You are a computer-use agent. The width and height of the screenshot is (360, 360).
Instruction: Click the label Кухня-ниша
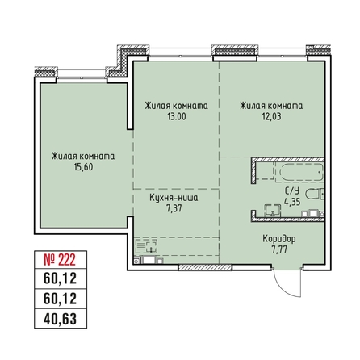(x=174, y=196)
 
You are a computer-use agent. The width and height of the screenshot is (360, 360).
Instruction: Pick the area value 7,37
(x=174, y=207)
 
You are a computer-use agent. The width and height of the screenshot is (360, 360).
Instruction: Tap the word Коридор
(x=278, y=239)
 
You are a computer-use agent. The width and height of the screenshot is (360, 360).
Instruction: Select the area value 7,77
(x=278, y=250)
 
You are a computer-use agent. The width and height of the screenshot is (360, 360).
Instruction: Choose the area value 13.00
(x=176, y=116)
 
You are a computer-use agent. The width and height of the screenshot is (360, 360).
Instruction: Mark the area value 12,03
(x=271, y=116)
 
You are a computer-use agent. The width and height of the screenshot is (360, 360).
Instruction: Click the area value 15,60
(x=82, y=167)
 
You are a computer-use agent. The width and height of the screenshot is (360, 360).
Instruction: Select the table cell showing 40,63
(x=60, y=317)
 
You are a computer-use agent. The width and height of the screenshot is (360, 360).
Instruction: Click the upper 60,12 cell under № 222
(x=60, y=280)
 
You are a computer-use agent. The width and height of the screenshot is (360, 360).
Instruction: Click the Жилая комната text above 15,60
(x=82, y=156)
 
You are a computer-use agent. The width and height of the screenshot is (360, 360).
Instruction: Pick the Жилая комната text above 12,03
(x=271, y=105)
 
